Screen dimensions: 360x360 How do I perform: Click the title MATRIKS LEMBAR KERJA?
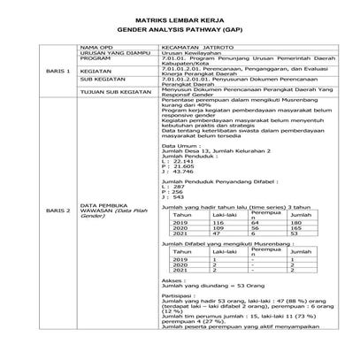(x=179, y=18)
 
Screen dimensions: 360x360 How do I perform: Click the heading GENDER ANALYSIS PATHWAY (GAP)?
(x=179, y=27)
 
